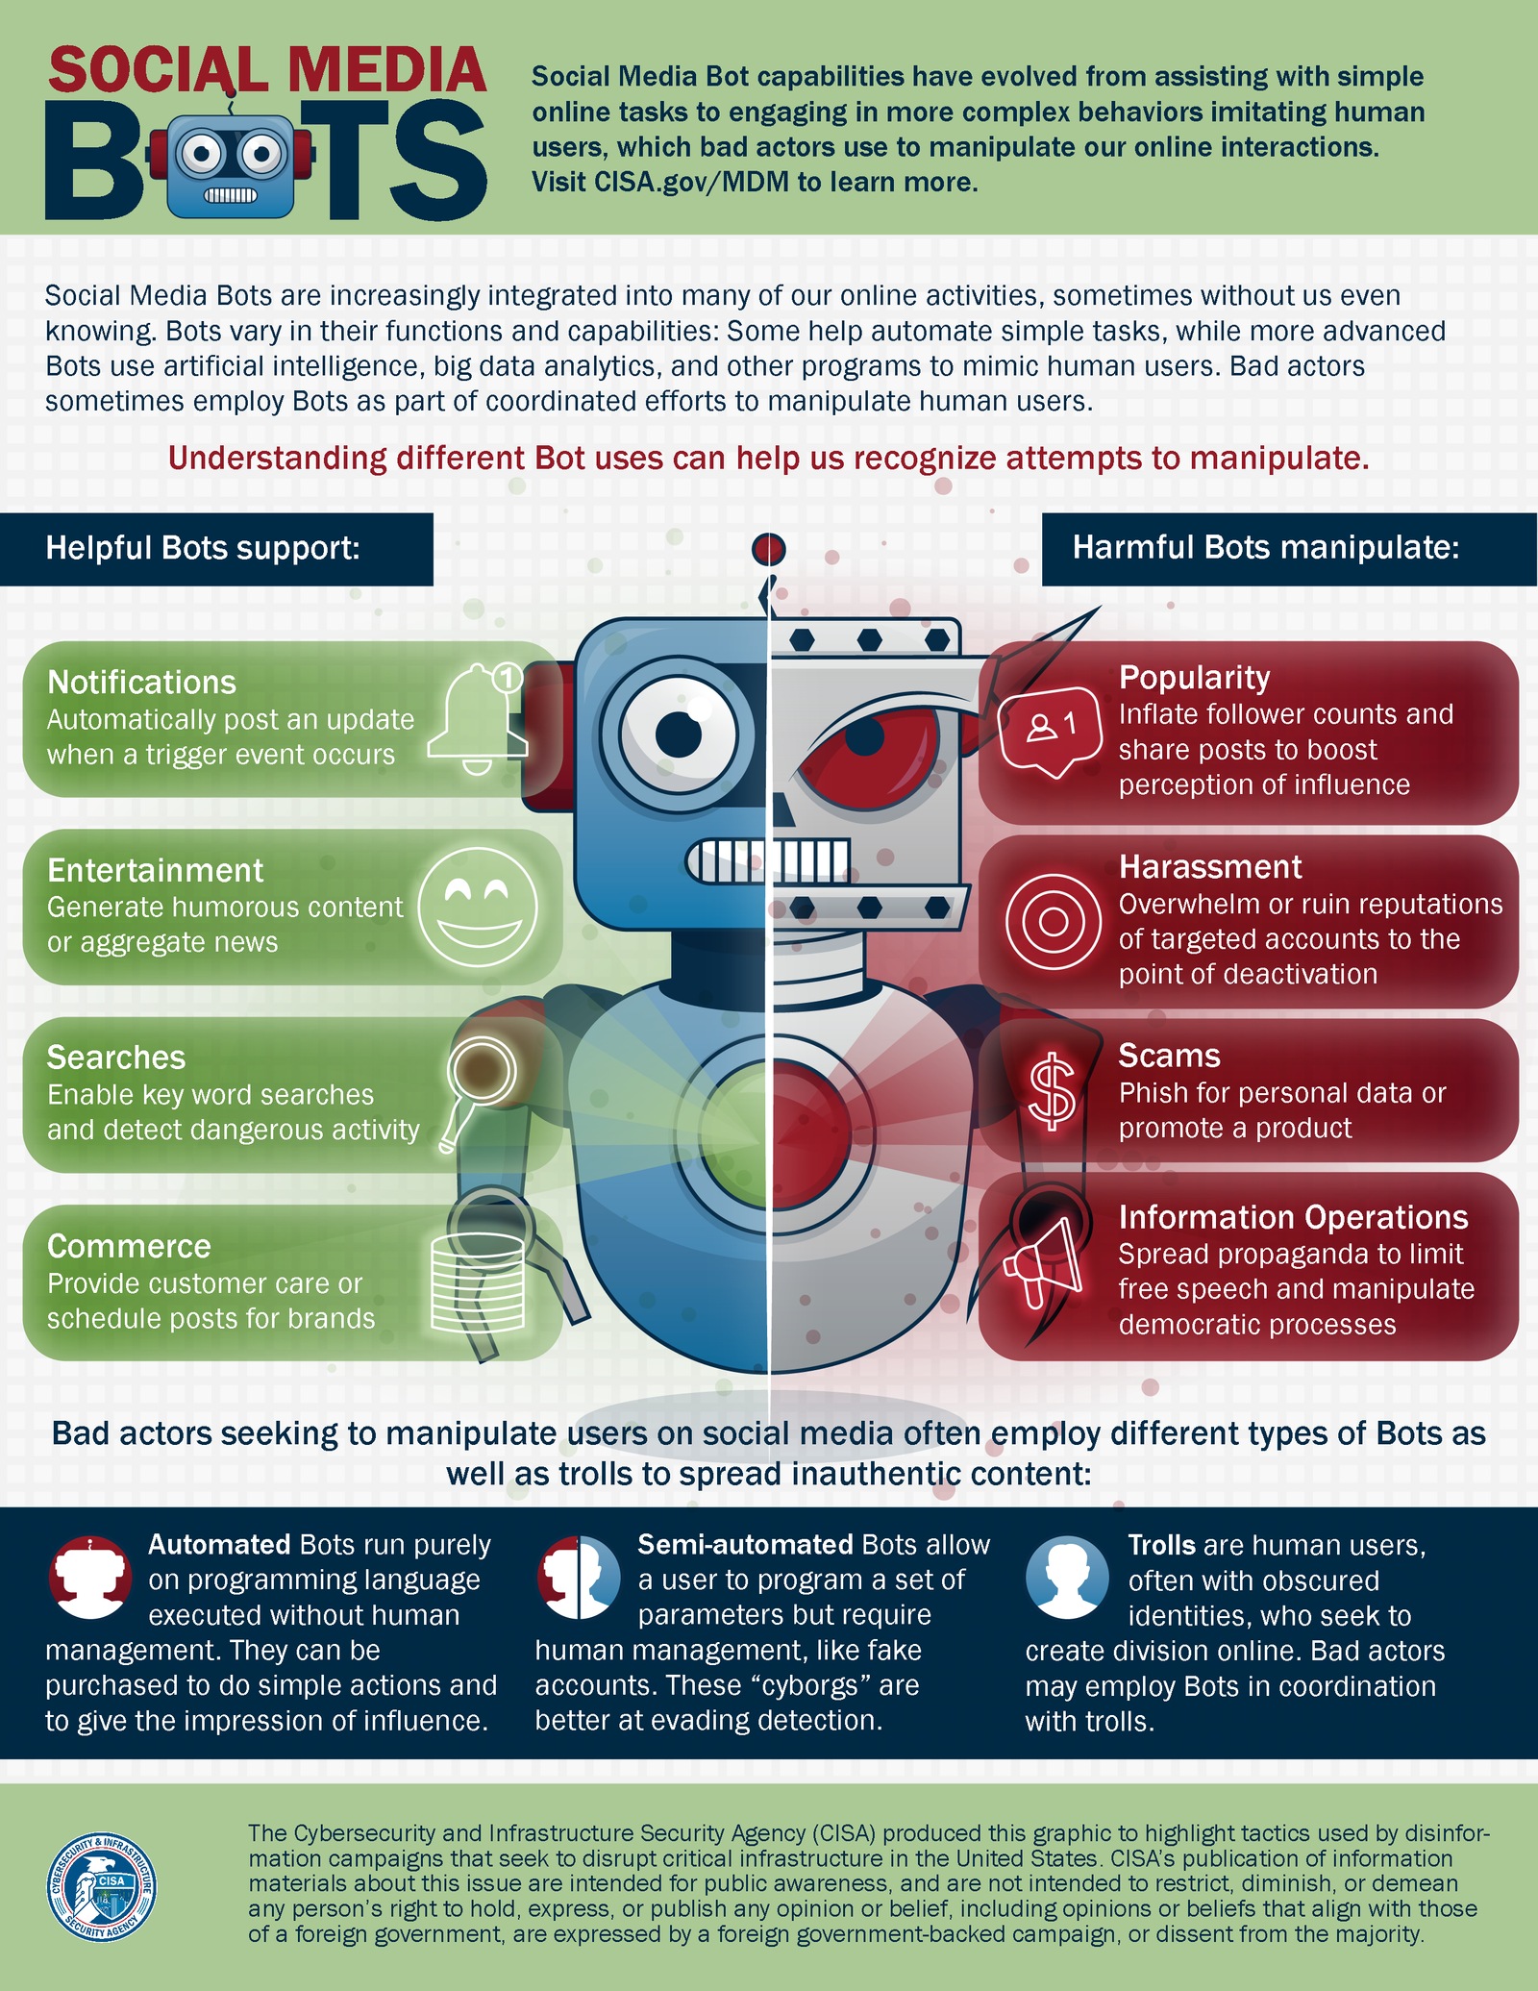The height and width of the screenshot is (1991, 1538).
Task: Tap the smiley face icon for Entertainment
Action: tap(478, 907)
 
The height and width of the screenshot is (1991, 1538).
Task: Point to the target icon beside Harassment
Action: tap(1053, 921)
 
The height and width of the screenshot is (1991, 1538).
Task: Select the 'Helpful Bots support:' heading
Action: tap(203, 548)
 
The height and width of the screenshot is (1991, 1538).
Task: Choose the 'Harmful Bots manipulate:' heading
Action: tap(1265, 548)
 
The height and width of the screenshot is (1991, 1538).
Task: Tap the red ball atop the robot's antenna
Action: tap(769, 550)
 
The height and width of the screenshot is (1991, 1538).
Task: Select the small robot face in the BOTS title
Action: tap(231, 164)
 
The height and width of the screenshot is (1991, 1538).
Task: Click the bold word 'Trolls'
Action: tap(1161, 1545)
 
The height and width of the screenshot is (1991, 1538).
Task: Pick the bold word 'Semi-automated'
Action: tap(745, 1544)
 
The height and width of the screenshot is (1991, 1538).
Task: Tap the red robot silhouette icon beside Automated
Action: tap(89, 1576)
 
